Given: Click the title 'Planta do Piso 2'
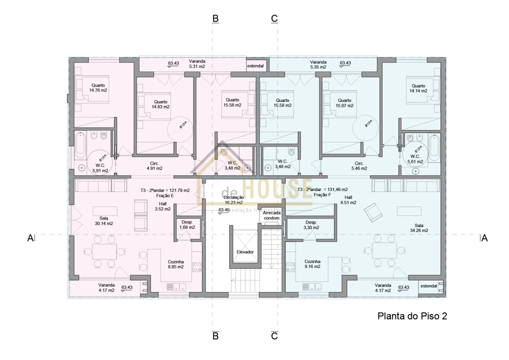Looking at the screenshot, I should click(411, 316).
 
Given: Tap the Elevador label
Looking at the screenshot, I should click(245, 252).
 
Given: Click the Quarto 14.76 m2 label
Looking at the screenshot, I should click(98, 87).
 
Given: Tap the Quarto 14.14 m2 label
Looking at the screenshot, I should click(418, 88).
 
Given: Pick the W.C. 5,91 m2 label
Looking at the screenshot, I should click(100, 167).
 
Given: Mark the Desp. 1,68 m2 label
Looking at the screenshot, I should click(187, 225).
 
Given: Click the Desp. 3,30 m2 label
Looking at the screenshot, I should click(311, 225).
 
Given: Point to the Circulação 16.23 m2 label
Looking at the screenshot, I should click(233, 200).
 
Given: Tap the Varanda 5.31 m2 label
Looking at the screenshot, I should click(197, 63).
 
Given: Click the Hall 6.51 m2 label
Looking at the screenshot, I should click(348, 200).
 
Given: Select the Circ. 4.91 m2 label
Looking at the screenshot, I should click(154, 166).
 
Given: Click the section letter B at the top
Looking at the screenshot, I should click(215, 18).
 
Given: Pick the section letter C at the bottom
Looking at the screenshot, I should click(274, 336).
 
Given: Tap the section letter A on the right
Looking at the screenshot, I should click(483, 238).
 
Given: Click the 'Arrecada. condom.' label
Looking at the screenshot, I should click(272, 215).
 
